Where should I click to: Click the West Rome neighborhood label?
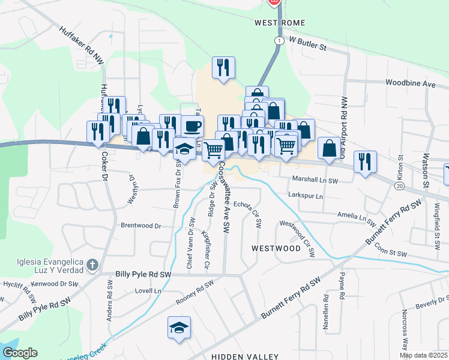coord(280,23)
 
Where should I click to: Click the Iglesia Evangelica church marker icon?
coord(92,264)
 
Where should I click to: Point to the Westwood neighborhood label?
coord(276,248)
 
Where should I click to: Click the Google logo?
coord(20,353)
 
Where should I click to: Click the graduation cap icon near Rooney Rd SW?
coord(179,328)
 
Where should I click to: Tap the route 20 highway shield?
coord(399,187)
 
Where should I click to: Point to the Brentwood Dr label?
coord(141,226)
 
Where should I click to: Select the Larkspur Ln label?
coord(306,196)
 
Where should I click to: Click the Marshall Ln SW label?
coord(316,179)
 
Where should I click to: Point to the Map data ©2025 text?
coord(424,355)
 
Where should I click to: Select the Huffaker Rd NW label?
coord(82,41)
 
